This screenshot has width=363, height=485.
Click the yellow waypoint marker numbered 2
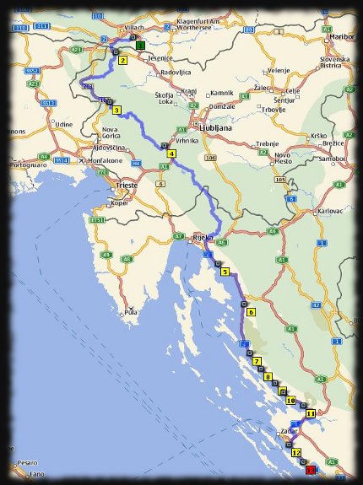point(122,61)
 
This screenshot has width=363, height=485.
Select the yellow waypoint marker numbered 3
point(116,109)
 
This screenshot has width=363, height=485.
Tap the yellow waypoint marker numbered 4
point(171,154)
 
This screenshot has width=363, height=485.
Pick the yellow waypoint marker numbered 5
point(225,272)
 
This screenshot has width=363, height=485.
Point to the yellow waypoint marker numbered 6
point(251,311)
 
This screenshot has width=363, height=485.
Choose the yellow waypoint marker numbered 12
point(295,453)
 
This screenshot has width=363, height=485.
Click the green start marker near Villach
point(140,45)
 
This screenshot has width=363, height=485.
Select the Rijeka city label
point(203,238)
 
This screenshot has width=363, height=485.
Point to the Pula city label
point(130,313)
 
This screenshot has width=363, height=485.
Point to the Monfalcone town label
point(84,160)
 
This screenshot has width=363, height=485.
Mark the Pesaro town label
point(28,462)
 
